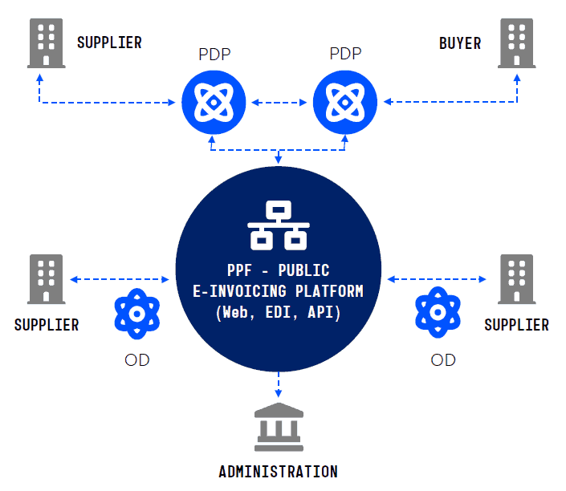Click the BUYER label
[x=460, y=43]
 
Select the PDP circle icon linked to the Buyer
[x=344, y=103]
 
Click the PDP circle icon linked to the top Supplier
[x=212, y=103]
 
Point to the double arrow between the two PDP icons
[x=278, y=103]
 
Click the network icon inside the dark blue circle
[x=278, y=225]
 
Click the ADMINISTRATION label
[x=278, y=471]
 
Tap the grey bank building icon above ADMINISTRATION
[x=278, y=427]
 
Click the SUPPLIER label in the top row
[x=109, y=43]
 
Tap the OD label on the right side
[x=443, y=360]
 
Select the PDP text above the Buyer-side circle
[x=345, y=55]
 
